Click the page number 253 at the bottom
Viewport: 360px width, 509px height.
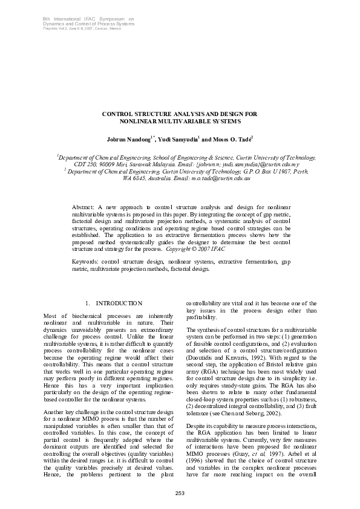(x=180, y=493)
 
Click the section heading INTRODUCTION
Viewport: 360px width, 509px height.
(x=119, y=303)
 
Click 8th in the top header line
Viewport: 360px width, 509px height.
(x=46, y=19)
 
